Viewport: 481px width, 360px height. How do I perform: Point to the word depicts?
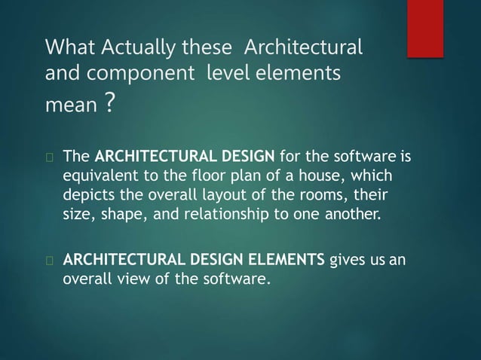pos(87,195)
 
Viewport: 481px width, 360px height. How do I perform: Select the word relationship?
pos(229,212)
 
